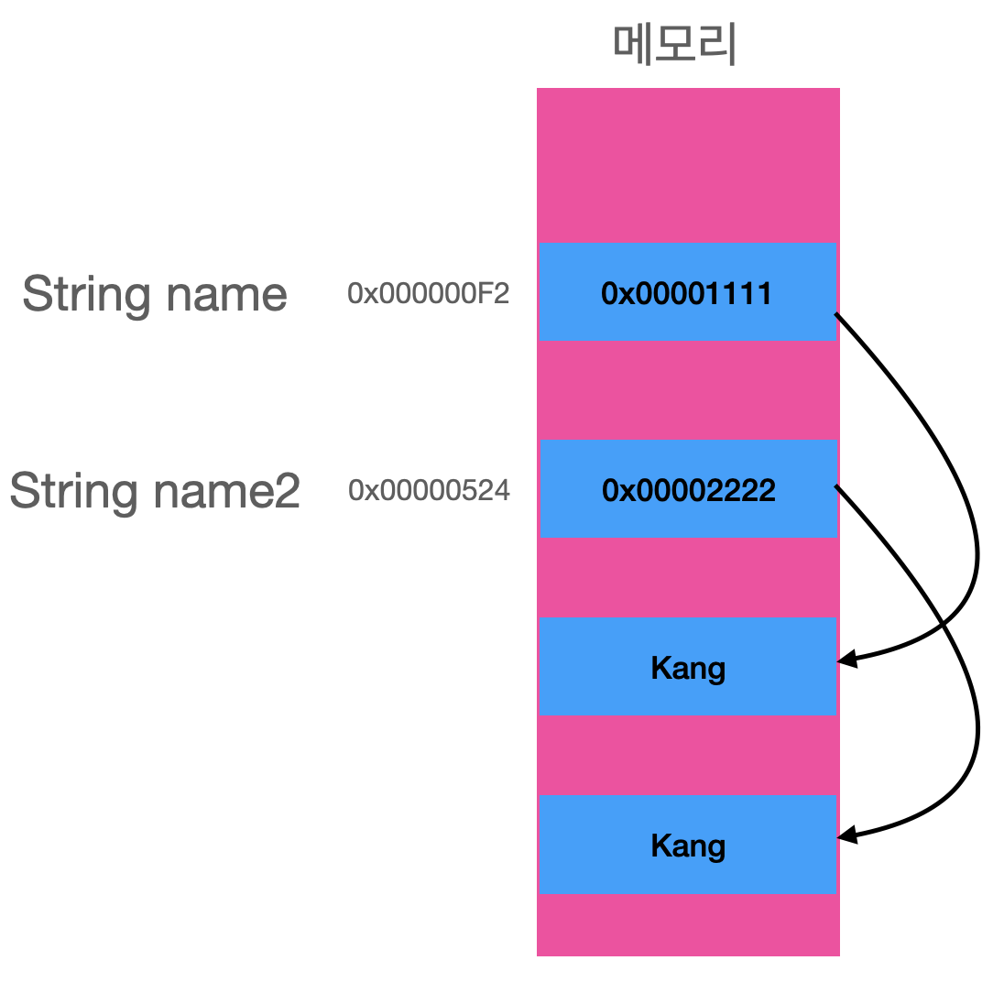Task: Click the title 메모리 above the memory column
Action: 675,46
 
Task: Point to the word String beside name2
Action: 73,492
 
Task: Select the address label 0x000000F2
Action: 428,294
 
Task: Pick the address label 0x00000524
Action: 429,491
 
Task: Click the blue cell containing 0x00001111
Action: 688,292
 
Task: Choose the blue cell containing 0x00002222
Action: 688,489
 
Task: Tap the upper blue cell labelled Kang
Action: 688,667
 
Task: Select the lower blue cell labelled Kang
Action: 688,845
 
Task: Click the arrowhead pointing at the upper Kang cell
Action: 846,659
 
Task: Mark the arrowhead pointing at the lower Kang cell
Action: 846,835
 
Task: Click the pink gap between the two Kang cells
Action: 688,755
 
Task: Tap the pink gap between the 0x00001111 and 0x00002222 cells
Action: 688,389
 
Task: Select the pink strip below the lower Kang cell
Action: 688,924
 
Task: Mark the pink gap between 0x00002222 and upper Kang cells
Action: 688,577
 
